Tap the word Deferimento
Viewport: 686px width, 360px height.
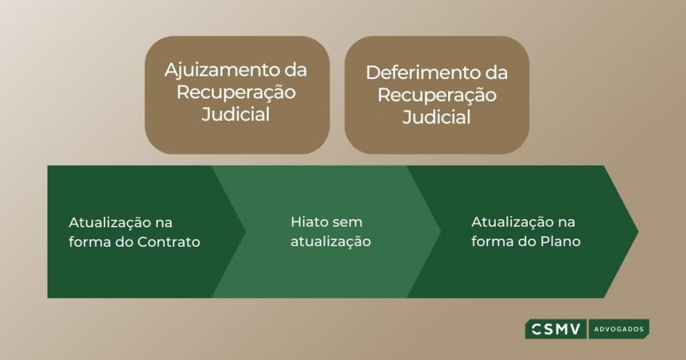coord(421,72)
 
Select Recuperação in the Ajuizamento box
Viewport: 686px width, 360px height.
coord(236,93)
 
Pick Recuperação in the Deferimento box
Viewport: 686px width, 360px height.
coord(437,96)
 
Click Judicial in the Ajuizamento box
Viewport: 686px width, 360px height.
coord(236,115)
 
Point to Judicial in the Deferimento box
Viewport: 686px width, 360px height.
coord(437,117)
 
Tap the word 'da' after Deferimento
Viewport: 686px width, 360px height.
coord(496,72)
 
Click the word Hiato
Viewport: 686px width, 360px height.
coord(307,222)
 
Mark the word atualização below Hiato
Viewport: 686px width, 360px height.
coord(331,242)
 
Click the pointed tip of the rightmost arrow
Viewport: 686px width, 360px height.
coord(638,231)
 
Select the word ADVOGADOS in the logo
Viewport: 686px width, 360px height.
coord(618,329)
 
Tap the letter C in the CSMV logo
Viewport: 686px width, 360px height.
coord(537,329)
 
